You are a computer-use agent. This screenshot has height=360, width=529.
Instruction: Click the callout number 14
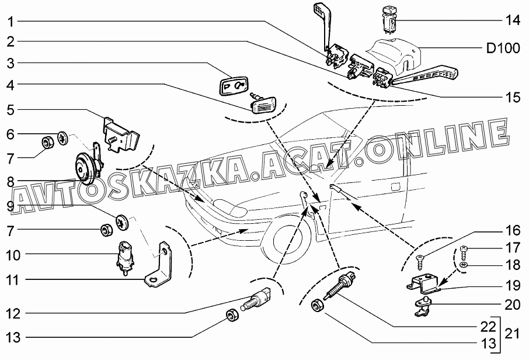click(512, 21)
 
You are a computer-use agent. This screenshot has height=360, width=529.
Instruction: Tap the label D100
click(503, 49)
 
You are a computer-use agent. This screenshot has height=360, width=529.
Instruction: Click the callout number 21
click(513, 334)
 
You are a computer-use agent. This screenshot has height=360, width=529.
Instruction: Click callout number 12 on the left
click(13, 313)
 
